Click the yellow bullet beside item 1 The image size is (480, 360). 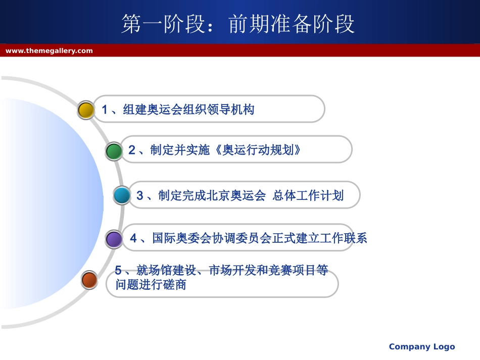86,110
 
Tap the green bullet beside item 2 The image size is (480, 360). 114,151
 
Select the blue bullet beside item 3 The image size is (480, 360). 122,195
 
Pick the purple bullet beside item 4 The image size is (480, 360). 114,239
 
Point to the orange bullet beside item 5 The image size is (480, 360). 89,280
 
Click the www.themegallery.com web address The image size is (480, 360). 49,51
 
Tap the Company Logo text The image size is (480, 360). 422,346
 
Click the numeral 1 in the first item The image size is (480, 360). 105,110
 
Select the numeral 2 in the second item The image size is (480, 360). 132,150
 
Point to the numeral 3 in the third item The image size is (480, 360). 140,195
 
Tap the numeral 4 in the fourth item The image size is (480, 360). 133,238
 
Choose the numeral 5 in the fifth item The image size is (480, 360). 118,270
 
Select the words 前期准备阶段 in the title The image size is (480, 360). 292,24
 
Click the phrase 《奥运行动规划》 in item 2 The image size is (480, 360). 258,150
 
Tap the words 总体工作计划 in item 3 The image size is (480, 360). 308,195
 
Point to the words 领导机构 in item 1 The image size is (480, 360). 231,110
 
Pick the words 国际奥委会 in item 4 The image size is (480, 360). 182,238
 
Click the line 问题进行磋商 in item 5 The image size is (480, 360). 151,285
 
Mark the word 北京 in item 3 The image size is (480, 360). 218,195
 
